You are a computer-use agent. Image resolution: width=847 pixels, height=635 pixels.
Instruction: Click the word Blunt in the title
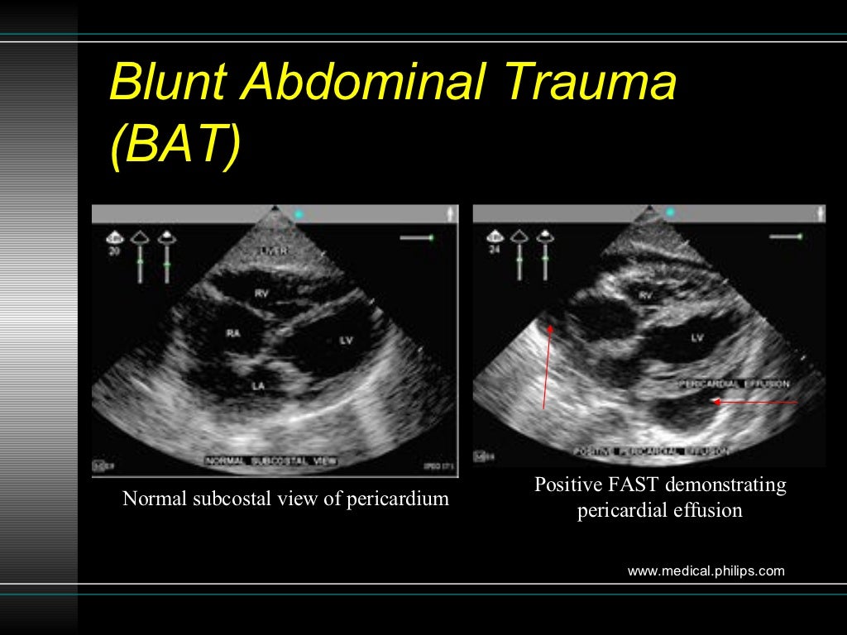[x=170, y=84]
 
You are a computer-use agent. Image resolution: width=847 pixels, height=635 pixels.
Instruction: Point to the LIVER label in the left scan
[x=273, y=251]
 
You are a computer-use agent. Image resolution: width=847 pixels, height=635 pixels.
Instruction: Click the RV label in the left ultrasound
[x=261, y=293]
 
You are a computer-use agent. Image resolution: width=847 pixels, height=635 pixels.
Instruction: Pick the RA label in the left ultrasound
[x=233, y=334]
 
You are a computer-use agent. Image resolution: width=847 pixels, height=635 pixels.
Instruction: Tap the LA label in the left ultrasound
[x=259, y=384]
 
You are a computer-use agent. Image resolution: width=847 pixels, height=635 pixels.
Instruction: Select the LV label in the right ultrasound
[x=696, y=337]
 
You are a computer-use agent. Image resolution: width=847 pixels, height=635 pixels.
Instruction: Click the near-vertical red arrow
[x=546, y=364]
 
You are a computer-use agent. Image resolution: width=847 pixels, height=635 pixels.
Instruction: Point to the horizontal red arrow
[x=754, y=403]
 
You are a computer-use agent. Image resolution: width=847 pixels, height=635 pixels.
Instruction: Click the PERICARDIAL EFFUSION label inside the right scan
[x=734, y=384]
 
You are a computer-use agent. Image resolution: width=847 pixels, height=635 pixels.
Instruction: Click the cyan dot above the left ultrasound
[x=299, y=214]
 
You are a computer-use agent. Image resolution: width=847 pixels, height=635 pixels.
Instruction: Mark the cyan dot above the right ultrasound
[x=670, y=212]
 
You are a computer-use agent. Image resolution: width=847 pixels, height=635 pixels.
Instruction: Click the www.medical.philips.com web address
[x=706, y=571]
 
